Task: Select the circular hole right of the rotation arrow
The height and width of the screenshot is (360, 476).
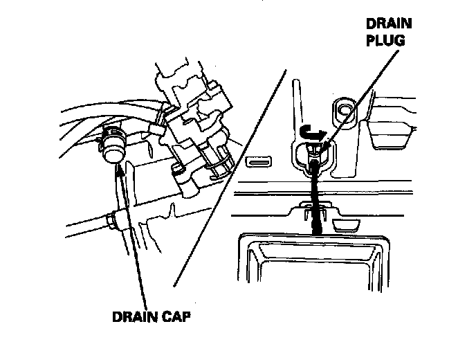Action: click(345, 109)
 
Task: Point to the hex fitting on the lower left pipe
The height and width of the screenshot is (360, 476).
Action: click(113, 221)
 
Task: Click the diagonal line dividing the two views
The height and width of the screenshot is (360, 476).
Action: click(228, 180)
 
